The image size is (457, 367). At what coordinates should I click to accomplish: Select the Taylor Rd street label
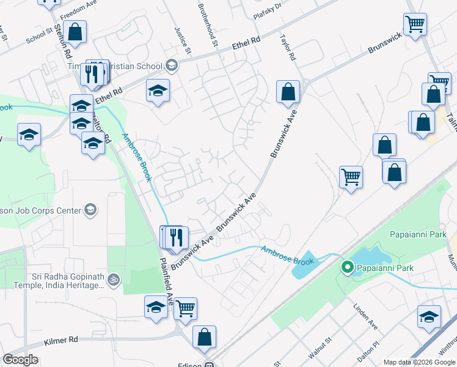[x=288, y=46]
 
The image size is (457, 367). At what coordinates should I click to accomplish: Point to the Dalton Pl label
[x=367, y=350]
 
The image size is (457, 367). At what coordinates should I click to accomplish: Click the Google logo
[x=20, y=360]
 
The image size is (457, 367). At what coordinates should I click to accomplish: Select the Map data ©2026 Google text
[x=419, y=361]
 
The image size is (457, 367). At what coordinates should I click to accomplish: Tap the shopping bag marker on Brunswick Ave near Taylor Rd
[x=288, y=92]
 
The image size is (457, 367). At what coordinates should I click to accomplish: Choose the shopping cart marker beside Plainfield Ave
[x=185, y=308]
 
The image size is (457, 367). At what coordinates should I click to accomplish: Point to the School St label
[x=40, y=35]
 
